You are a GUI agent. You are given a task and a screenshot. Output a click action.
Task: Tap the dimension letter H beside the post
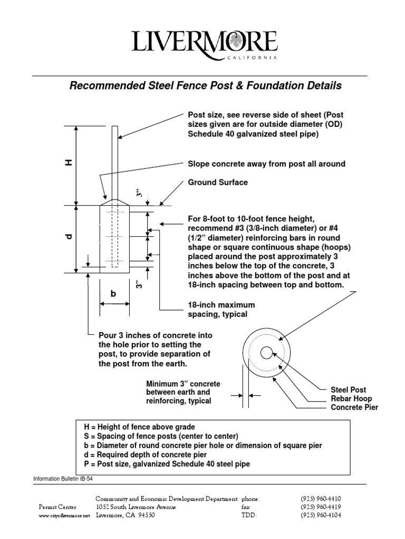point(67,164)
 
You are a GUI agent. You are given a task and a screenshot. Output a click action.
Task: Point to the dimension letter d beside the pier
point(67,238)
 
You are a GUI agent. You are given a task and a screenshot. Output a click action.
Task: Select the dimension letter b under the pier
point(112,294)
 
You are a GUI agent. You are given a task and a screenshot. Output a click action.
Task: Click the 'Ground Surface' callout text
point(217,183)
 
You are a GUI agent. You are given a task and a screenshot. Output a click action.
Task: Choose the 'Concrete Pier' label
point(354,407)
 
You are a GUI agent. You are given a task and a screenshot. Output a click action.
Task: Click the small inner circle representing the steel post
point(266,352)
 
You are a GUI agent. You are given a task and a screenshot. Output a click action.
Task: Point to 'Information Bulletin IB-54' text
point(65,478)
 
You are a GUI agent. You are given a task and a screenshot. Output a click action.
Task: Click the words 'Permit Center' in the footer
point(57,507)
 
